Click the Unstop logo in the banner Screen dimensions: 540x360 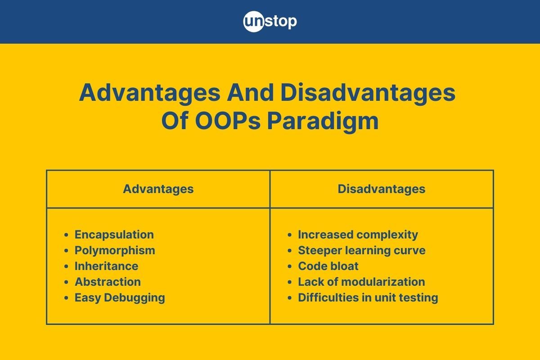(x=270, y=22)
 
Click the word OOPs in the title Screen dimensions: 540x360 (x=228, y=121)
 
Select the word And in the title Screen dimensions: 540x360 (x=250, y=93)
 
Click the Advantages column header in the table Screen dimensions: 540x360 (x=158, y=189)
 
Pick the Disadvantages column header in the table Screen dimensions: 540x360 (x=382, y=189)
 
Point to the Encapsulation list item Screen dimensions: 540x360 (x=114, y=234)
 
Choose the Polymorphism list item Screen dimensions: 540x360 (x=115, y=250)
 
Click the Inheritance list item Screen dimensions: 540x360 (x=106, y=266)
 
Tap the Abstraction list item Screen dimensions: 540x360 (x=108, y=282)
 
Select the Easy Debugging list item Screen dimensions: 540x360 (x=120, y=298)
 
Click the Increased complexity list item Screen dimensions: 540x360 (x=358, y=234)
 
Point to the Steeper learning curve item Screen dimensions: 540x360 (x=362, y=250)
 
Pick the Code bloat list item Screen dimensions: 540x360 (x=328, y=266)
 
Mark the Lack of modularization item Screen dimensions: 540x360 (x=361, y=282)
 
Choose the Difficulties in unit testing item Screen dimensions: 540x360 (x=368, y=298)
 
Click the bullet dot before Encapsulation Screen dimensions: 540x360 (x=66, y=235)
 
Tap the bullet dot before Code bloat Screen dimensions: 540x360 (x=290, y=266)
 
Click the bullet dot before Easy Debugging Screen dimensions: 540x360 (x=66, y=298)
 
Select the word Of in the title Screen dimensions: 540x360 (x=175, y=121)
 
